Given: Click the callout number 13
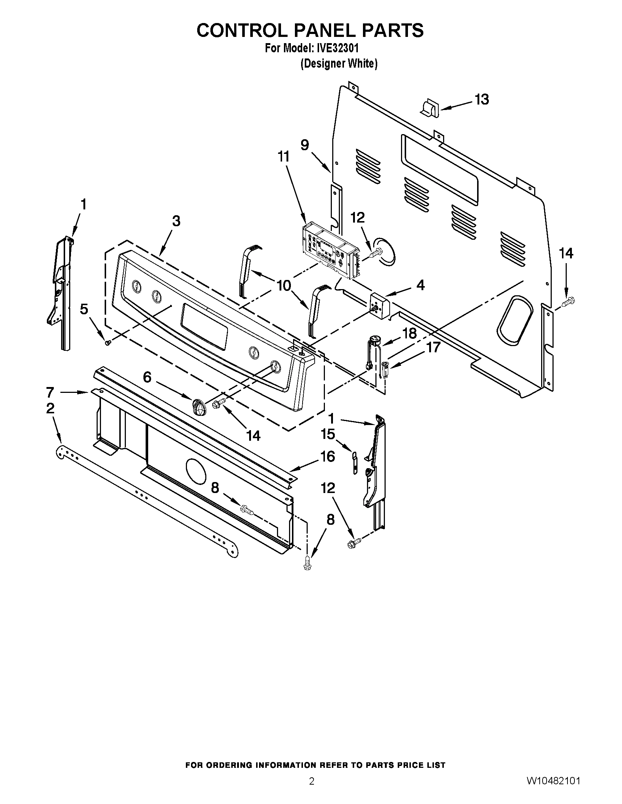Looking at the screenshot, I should [x=481, y=99].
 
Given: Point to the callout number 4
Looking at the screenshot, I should [x=420, y=285].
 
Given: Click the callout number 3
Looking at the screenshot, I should [x=176, y=221].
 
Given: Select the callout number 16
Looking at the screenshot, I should [x=327, y=456].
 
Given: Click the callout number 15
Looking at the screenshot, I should [x=327, y=434].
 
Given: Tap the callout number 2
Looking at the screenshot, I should [x=50, y=408].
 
